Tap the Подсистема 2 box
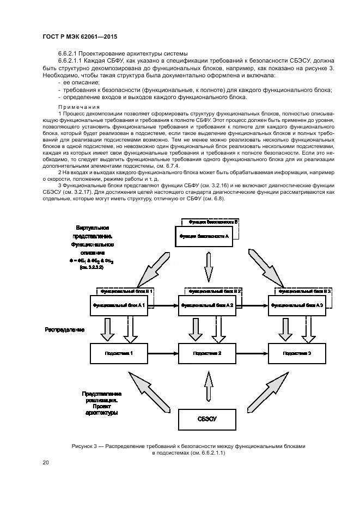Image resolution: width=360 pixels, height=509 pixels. pos(208,354)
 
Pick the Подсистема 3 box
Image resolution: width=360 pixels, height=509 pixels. pos(297,354)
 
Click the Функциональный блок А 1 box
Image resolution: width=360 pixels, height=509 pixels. pos(118,305)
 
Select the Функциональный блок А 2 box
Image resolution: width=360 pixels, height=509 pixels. pos(208,305)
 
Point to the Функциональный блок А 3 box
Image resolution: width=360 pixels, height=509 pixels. pos(297,305)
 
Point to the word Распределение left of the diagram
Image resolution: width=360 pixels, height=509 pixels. pos(65,329)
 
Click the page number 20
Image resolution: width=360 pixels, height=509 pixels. pos(46,463)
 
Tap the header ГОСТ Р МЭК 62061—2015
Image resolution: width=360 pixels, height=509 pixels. pos(80,36)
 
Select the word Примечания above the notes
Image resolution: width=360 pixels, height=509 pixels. pos(78,106)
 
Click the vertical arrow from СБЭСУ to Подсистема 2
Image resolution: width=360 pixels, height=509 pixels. pos(208,386)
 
